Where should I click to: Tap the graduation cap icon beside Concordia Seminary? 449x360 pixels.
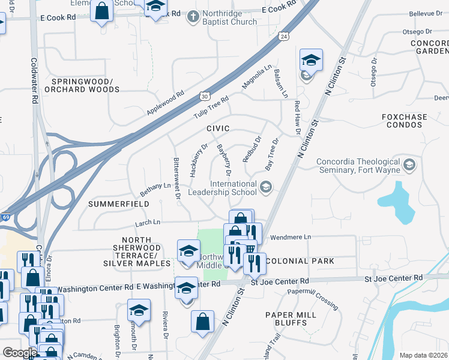pyautogui.click(x=409, y=164)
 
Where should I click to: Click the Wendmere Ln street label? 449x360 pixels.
pyautogui.click(x=292, y=238)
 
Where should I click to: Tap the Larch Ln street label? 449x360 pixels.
pyautogui.click(x=148, y=222)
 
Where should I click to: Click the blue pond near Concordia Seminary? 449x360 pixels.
pyautogui.click(x=396, y=200)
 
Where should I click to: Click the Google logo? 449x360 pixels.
pyautogui.click(x=20, y=353)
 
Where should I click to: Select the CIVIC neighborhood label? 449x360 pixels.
pyautogui.click(x=218, y=128)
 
